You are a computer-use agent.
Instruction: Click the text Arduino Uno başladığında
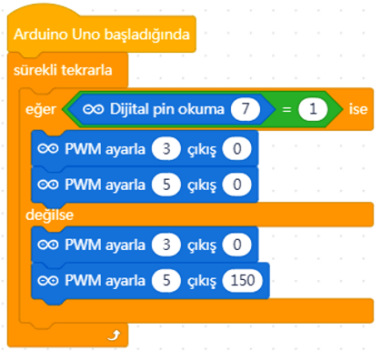102,35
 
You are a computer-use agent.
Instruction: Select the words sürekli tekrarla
63,70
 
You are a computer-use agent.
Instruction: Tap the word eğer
41,110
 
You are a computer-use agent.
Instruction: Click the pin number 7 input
246,109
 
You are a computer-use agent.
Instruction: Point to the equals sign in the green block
286,109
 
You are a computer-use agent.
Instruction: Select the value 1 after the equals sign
313,109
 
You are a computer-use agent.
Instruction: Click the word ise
358,109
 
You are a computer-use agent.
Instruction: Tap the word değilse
49,215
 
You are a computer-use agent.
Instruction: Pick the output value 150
243,280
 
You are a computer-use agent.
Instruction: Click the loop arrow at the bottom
115,335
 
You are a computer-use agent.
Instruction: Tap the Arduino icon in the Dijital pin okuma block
94,109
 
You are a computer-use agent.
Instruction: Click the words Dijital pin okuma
167,109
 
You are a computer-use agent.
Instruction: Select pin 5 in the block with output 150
166,280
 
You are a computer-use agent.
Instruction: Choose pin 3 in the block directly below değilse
166,245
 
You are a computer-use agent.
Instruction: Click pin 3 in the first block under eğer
166,149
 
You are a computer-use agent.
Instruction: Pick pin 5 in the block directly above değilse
166,185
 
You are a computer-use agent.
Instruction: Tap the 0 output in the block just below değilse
237,245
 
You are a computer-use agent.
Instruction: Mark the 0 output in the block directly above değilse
237,185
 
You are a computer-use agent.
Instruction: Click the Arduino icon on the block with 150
48,281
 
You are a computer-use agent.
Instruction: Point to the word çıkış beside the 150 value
202,282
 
